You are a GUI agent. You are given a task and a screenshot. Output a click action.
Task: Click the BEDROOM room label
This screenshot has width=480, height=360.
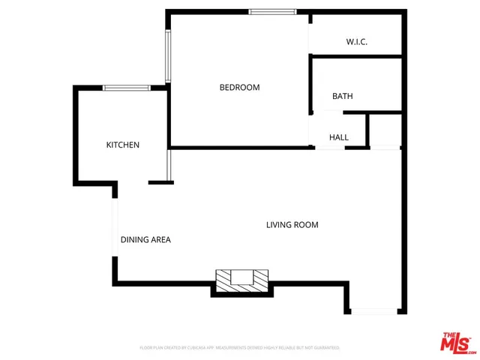[239, 88]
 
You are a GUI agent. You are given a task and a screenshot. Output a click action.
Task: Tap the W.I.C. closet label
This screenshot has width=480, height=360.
[356, 42]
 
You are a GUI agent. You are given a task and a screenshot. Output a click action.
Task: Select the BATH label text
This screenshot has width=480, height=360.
[343, 97]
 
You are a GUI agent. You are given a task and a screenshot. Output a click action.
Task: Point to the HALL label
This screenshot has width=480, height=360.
[339, 138]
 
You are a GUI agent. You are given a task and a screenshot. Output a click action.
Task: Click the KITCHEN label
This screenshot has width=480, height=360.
[122, 145]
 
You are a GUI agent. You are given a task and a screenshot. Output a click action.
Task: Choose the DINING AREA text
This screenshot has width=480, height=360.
[145, 240]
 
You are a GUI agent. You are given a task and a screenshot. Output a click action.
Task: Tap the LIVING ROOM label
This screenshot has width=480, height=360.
[292, 225]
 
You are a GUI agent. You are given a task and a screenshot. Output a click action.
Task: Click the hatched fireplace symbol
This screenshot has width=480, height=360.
[241, 279]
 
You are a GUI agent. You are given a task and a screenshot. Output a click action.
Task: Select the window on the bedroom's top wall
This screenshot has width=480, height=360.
[271, 11]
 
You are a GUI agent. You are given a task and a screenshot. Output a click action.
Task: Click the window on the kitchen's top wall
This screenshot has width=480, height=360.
[126, 88]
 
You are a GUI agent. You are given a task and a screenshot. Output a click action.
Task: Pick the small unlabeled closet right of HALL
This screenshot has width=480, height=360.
[385, 130]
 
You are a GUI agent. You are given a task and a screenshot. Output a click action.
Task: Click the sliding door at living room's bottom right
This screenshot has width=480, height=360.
[374, 310]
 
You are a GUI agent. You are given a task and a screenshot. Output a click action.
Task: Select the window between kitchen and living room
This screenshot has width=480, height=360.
[170, 166]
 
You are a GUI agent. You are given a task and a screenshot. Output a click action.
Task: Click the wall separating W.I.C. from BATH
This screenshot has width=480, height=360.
[357, 55]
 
